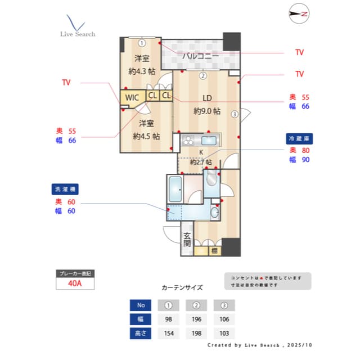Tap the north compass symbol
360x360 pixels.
pyautogui.click(x=299, y=14)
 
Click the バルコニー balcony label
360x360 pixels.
pyautogui.click(x=200, y=55)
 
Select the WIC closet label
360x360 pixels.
pyautogui.click(x=132, y=97)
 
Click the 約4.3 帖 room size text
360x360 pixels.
pyautogui.click(x=142, y=71)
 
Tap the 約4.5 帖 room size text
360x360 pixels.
pyautogui.click(x=146, y=136)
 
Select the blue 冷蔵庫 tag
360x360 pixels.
pyautogui.click(x=299, y=138)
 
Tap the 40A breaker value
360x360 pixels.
pyautogui.click(x=75, y=283)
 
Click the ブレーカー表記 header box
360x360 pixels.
pyautogui.click(x=75, y=273)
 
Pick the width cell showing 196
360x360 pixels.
pyautogui.click(x=196, y=319)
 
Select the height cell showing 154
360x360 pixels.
pyautogui.click(x=168, y=333)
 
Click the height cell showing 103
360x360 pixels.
pyautogui.click(x=224, y=333)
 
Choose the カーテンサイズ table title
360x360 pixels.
pyautogui.click(x=182, y=287)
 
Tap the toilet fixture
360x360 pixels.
pyautogui.click(x=211, y=179)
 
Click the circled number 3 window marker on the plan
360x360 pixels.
pyautogui.click(x=235, y=114)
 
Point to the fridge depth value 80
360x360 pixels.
pyautogui.click(x=305, y=150)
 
